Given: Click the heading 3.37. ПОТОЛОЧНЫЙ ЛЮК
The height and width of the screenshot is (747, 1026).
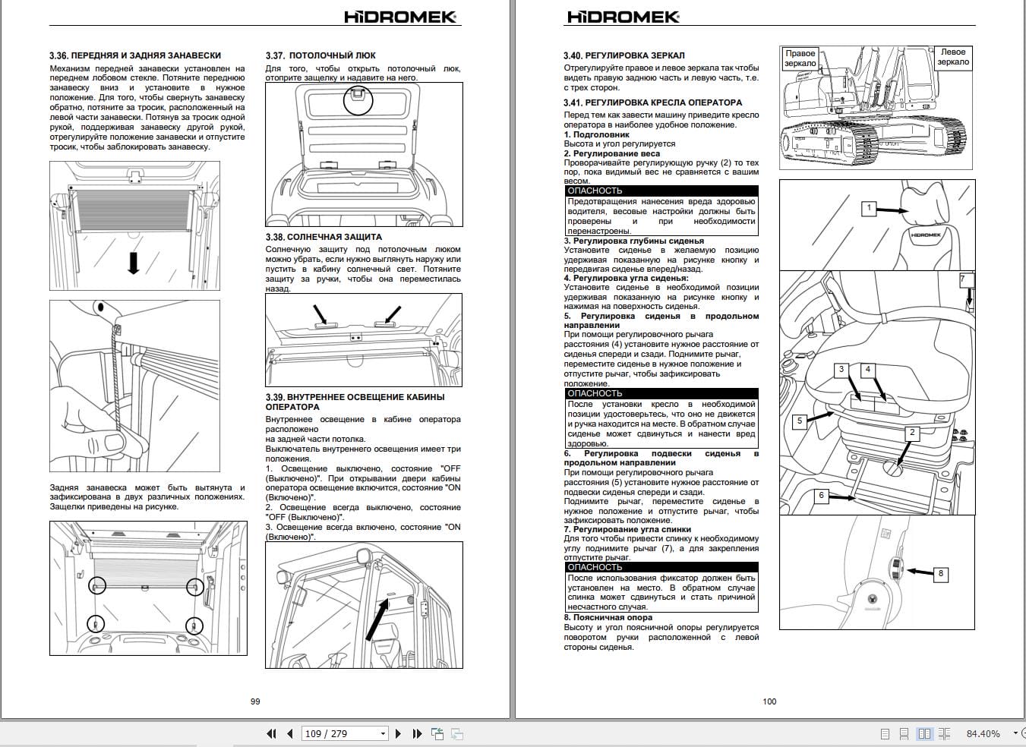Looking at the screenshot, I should click(x=320, y=55).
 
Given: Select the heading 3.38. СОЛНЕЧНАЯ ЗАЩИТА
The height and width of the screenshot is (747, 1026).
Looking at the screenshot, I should click(x=324, y=237).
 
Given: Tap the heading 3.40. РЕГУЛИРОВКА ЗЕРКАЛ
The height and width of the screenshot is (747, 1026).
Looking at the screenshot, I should click(x=623, y=55).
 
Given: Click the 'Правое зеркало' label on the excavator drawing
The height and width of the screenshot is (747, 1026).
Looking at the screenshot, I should click(x=800, y=58).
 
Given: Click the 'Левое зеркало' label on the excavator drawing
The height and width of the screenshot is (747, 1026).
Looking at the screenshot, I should click(x=952, y=58).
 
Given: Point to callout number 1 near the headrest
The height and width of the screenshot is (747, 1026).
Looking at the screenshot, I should click(x=869, y=207).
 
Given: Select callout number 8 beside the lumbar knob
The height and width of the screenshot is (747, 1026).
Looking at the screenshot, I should click(x=940, y=574).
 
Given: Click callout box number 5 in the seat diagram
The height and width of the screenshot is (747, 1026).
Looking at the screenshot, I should click(x=799, y=421).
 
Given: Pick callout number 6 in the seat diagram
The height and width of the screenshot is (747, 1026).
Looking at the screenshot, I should click(x=821, y=496).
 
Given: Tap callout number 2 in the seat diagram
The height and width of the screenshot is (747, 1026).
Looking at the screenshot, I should click(x=912, y=433).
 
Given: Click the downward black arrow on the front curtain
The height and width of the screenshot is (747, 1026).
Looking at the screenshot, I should click(x=134, y=263).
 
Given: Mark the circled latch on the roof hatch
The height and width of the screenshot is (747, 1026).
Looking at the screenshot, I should click(x=358, y=99).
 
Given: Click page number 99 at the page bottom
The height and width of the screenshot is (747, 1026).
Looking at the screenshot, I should click(x=255, y=701).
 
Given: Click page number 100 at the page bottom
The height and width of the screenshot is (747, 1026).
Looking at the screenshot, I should click(x=769, y=701).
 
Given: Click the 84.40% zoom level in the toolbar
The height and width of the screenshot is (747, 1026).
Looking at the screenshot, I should click(x=983, y=733).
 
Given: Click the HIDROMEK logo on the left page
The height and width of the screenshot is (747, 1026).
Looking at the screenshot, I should click(x=400, y=16).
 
